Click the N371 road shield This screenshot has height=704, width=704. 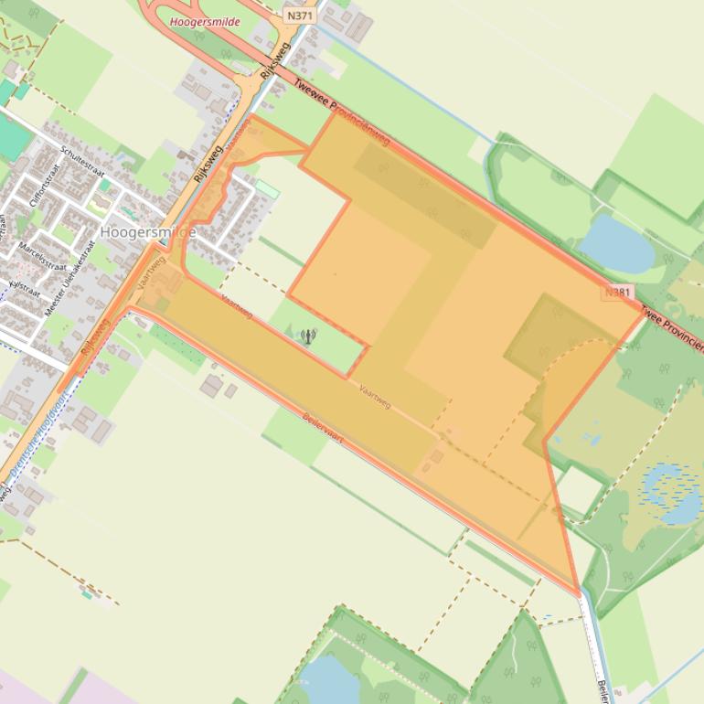[296, 16]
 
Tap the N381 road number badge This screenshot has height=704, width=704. [618, 293]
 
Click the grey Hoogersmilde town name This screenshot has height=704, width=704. [148, 233]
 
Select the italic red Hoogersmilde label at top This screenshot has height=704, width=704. [205, 22]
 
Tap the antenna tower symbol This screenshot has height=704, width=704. [308, 337]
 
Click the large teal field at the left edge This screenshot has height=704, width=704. [13, 136]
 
